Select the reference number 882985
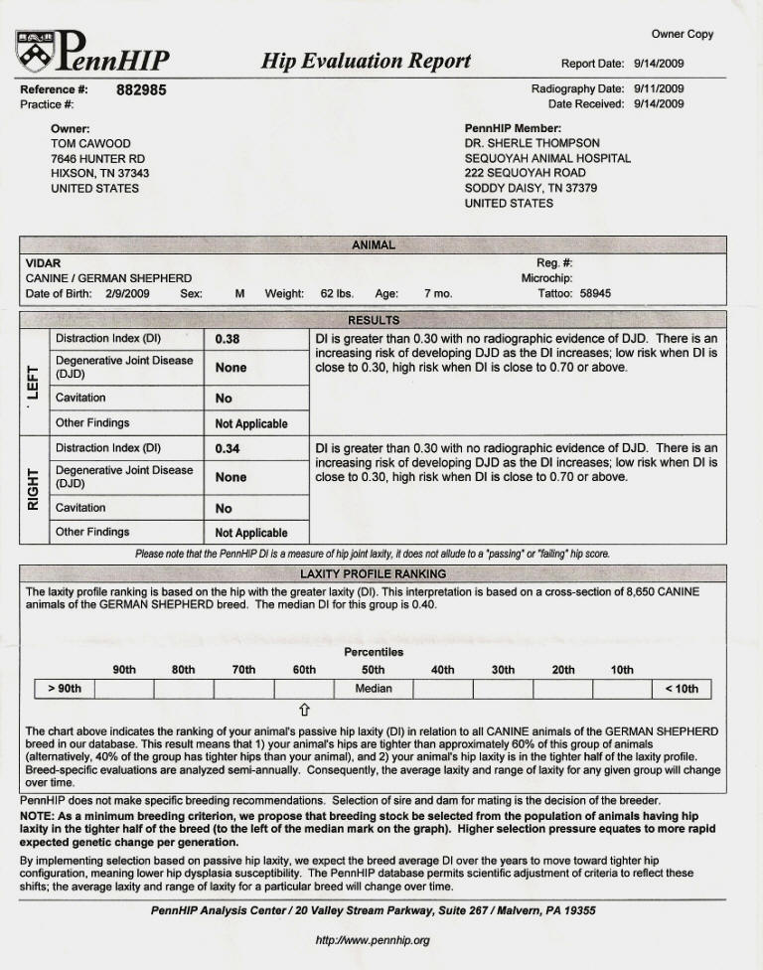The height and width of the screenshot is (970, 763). coord(141,90)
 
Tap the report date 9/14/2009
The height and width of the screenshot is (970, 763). coord(659,64)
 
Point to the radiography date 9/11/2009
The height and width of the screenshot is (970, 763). coord(659,88)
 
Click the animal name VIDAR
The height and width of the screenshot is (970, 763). coord(43,263)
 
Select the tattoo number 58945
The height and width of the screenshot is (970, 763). coord(595,294)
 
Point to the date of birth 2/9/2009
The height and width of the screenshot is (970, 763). coord(126,294)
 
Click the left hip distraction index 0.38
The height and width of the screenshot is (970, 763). coord(228,339)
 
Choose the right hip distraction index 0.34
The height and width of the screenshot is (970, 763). coord(228,449)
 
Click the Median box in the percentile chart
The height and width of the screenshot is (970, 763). coord(374,689)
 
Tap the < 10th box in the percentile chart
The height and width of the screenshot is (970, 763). coord(682,689)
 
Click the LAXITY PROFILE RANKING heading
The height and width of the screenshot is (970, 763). coord(373,574)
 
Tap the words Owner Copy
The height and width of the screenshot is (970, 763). coord(683,34)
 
